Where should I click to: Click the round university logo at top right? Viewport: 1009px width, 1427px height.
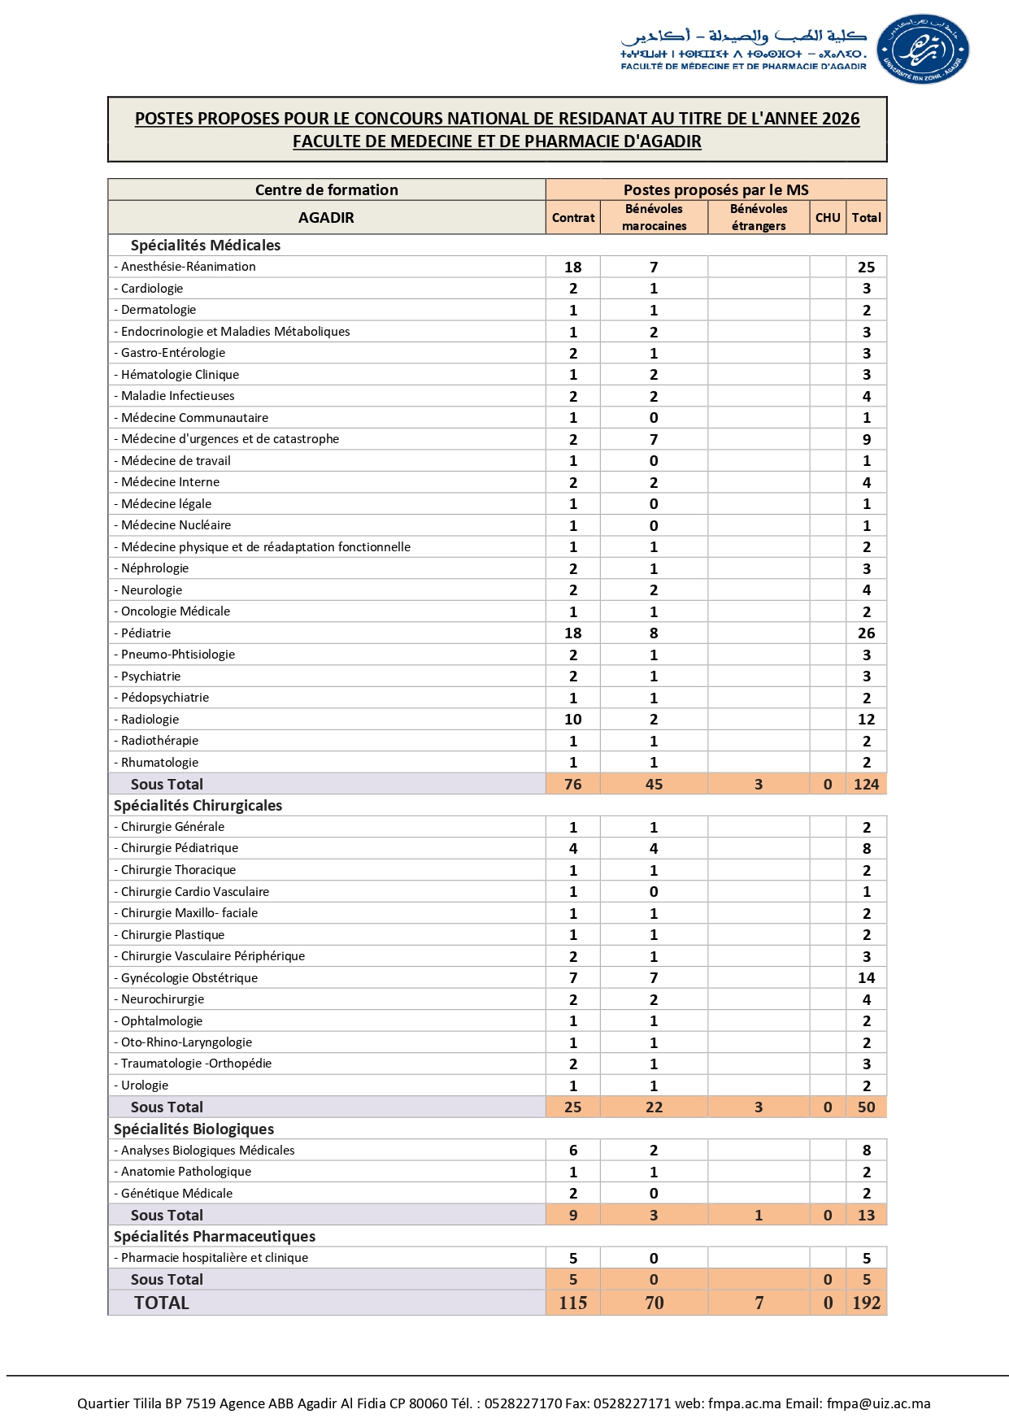click(x=924, y=49)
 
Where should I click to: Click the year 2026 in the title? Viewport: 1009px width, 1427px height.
click(x=840, y=119)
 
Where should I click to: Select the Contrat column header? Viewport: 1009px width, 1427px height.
click(x=573, y=218)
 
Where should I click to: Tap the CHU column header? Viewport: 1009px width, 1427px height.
click(x=828, y=218)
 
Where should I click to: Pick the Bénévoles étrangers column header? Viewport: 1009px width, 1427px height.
click(x=759, y=217)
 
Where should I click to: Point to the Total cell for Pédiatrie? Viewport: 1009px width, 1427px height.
click(x=866, y=633)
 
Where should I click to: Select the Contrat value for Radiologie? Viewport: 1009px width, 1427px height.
click(x=573, y=720)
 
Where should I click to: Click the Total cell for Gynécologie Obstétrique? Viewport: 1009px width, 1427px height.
click(x=866, y=978)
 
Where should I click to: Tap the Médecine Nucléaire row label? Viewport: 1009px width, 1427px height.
click(x=176, y=525)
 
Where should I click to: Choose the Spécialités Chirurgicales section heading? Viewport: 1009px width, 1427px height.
click(x=198, y=806)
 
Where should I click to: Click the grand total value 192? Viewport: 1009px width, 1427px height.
click(x=866, y=1303)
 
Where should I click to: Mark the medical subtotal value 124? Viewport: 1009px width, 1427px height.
click(x=866, y=785)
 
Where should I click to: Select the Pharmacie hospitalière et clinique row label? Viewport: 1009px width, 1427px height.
click(x=215, y=1258)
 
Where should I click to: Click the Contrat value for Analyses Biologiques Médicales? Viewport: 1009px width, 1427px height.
click(x=573, y=1151)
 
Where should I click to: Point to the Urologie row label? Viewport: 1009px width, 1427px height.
click(x=145, y=1085)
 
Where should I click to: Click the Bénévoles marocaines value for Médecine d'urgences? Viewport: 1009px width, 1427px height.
click(x=654, y=440)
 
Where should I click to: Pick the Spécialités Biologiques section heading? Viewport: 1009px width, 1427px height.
click(x=194, y=1129)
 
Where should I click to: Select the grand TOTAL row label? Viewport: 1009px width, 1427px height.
click(x=162, y=1303)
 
